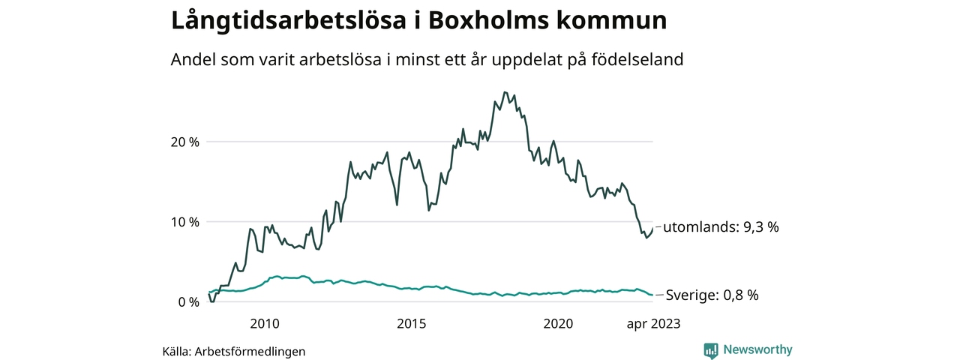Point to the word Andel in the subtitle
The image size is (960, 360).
(x=193, y=60)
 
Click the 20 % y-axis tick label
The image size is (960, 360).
(x=184, y=142)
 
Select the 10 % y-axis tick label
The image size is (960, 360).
(x=184, y=222)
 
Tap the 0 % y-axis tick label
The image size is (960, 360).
(x=188, y=302)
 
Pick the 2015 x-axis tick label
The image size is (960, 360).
(x=411, y=324)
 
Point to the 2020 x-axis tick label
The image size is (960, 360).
(x=557, y=324)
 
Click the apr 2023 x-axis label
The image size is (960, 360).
(x=653, y=324)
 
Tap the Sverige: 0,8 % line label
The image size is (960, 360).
(x=712, y=295)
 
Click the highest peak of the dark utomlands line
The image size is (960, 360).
(x=505, y=92)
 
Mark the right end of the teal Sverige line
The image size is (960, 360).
(x=652, y=295)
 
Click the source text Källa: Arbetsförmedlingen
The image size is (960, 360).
(x=234, y=351)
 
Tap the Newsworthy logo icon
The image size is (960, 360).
(x=711, y=350)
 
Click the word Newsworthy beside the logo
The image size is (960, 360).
(x=757, y=349)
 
